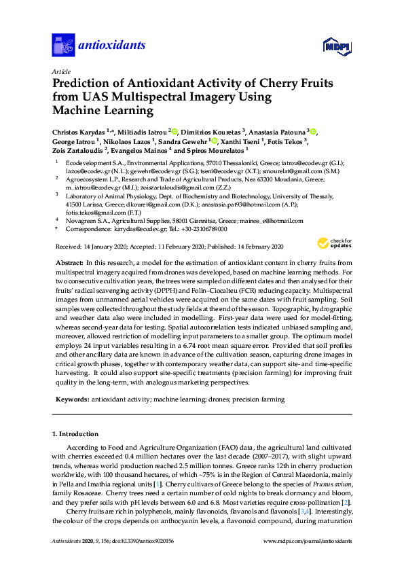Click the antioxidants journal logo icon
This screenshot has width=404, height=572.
click(62, 45)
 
